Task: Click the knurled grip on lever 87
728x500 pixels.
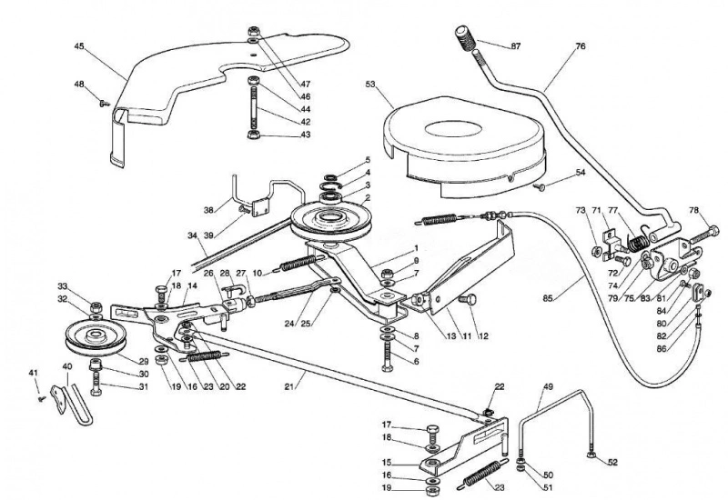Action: point(465,38)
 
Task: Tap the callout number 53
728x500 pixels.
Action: point(370,84)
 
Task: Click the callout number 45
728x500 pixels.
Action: point(79,46)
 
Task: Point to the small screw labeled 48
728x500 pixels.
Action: point(104,104)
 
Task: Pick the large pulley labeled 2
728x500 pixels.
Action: point(330,219)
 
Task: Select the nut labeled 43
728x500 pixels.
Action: point(255,135)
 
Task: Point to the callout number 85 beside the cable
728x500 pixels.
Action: point(548,299)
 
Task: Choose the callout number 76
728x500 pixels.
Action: point(581,46)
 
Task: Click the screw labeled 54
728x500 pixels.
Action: point(539,186)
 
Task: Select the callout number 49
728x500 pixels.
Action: point(548,387)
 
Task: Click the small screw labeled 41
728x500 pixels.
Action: point(42,398)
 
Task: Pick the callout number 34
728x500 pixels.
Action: point(192,235)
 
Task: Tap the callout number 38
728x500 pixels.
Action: point(208,210)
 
